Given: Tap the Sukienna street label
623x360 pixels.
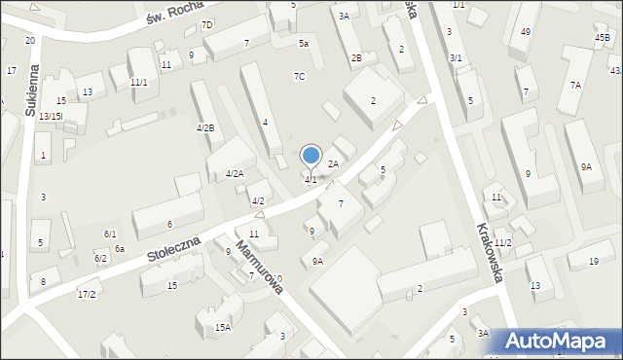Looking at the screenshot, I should pos(32,92).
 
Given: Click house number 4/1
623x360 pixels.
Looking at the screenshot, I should pos(310,180).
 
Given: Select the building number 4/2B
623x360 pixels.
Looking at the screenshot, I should pos(205,128).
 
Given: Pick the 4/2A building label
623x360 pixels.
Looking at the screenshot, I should pos(235,174).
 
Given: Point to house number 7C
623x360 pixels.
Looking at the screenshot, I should pos(300,77).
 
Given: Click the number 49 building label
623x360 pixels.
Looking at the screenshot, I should pos(526,32).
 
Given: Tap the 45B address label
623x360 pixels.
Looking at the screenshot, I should pos(603,38).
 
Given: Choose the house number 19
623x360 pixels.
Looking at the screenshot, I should pos(594,261).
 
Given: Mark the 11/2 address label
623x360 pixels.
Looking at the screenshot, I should pos(502,242).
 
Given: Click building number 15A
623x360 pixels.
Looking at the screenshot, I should pos(223,328).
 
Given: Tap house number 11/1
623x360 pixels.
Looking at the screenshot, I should pos(139,83).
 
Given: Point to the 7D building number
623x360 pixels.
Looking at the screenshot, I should pos(206,25).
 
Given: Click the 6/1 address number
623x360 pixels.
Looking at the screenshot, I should pos(110,234).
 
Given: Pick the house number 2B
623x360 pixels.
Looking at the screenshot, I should pos(357,58).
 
